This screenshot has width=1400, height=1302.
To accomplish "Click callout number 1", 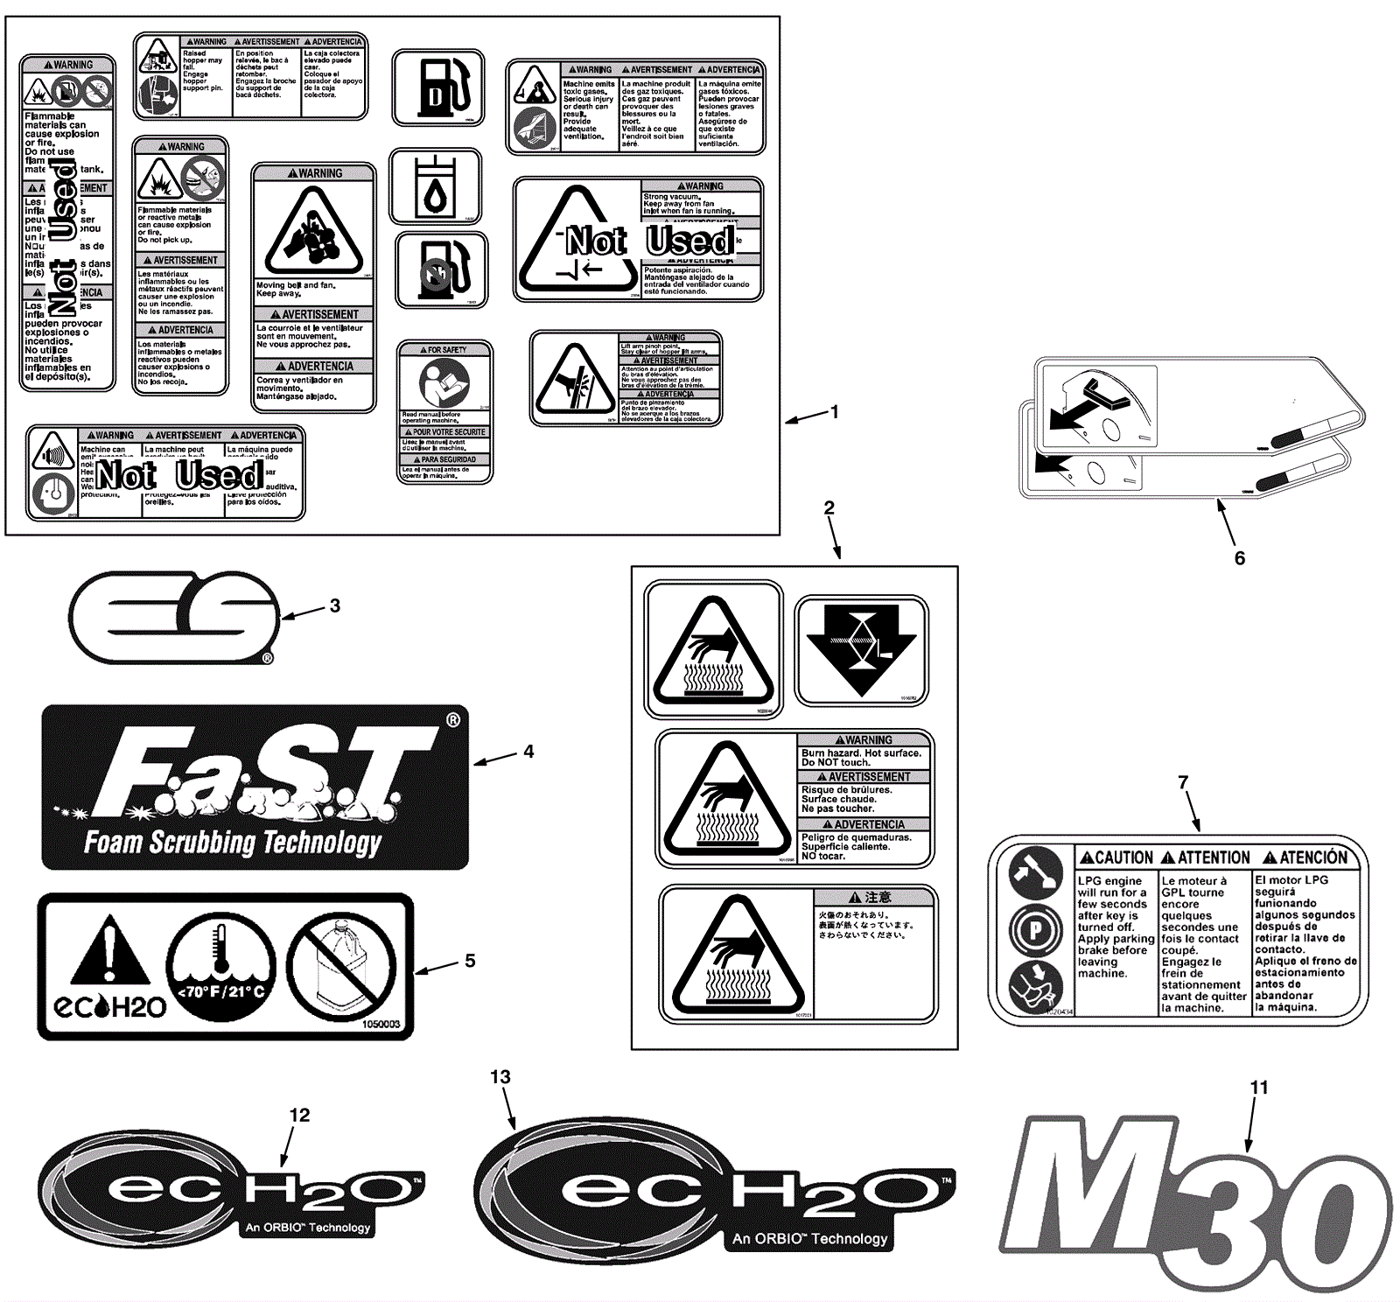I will (x=835, y=411).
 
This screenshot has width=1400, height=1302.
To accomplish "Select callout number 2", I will (x=829, y=507).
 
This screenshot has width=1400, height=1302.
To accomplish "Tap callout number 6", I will (x=1239, y=558).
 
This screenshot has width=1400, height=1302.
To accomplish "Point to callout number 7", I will (x=1183, y=782).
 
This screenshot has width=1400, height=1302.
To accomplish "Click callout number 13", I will (x=500, y=1077).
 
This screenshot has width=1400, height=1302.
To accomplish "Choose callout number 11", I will (x=1259, y=1088).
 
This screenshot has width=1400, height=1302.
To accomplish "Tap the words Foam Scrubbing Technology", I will (x=233, y=842).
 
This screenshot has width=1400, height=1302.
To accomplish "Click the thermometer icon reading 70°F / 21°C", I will (x=220, y=967).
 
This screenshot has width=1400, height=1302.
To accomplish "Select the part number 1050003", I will (x=381, y=1024).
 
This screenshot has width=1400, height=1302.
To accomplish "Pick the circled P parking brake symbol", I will (x=1035, y=930).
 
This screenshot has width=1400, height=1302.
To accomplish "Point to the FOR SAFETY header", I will (x=444, y=350).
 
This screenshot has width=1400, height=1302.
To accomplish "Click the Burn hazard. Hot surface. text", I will (x=861, y=752).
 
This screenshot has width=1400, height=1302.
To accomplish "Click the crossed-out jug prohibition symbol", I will (x=342, y=968).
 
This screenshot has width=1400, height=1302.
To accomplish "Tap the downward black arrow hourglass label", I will (x=862, y=649).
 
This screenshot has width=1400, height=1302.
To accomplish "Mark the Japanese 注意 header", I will (x=871, y=897).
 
